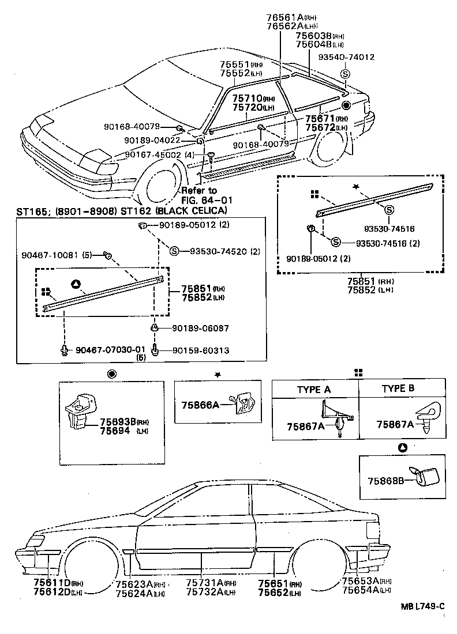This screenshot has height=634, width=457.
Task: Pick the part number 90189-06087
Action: coord(200,328)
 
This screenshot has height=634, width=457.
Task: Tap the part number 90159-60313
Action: coord(200,350)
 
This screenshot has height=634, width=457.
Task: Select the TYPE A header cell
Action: coord(314,389)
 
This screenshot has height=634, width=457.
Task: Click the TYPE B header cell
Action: coord(398,389)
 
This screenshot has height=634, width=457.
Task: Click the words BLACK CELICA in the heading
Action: coord(186,211)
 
